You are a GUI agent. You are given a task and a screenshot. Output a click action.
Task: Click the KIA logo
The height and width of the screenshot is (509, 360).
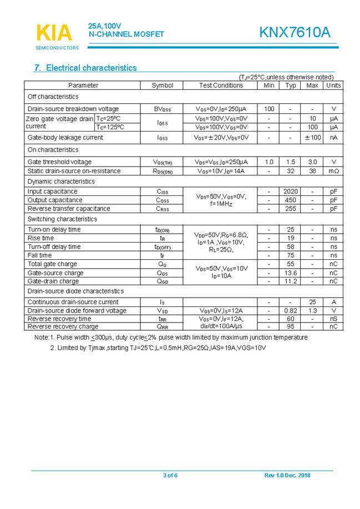coord(54,33)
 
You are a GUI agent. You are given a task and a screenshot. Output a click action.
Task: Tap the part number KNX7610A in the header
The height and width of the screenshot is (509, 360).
coord(295,33)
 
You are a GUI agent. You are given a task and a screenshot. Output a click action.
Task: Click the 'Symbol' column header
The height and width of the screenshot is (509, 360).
coord(163,85)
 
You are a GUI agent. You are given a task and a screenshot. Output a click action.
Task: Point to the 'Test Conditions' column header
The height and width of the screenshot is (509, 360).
coord(221,85)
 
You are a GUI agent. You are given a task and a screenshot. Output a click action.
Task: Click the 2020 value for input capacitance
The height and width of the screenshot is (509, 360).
coord(291,191)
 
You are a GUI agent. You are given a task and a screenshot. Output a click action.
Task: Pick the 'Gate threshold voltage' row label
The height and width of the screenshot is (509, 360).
coord(59,162)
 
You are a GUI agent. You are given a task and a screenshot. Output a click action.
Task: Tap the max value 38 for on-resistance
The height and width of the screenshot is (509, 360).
coord(312,171)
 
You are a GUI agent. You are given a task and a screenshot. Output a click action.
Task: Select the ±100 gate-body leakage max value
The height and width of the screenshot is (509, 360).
coord(312,138)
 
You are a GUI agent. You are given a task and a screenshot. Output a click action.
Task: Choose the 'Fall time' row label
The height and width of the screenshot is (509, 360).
coord(39,255)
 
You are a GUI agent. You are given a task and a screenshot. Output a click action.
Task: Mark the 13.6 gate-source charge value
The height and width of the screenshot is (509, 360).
coord(291,273)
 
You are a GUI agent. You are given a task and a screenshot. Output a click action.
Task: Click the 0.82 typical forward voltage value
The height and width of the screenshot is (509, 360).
coord(291,311)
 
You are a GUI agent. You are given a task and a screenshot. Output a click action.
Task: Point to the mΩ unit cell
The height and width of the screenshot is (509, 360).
coord(333,171)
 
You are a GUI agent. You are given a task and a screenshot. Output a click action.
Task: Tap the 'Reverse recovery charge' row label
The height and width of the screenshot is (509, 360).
coord(63,326)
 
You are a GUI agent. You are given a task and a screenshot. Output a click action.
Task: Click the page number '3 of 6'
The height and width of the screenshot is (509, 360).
coord(170,475)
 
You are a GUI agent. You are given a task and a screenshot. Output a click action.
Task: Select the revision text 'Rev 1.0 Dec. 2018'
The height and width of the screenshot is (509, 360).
coord(287,475)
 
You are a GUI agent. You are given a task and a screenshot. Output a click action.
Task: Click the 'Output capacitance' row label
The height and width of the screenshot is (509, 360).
coord(55,200)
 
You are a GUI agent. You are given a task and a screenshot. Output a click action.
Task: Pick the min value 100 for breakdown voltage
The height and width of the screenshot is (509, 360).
coord(269,109)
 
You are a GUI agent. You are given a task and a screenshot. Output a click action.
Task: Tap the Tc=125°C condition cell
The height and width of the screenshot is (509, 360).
coord(110,127)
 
